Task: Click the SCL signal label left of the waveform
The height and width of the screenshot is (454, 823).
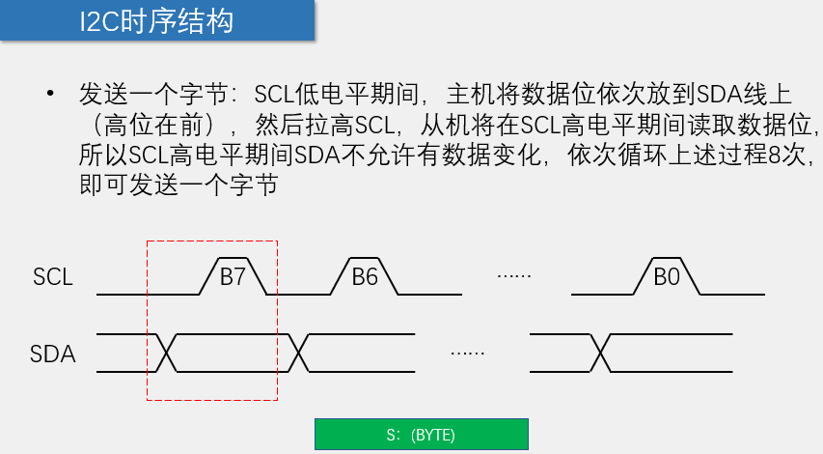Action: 52,278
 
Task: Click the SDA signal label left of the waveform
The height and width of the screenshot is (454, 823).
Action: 52,355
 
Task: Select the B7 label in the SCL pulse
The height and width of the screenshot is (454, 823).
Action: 233,277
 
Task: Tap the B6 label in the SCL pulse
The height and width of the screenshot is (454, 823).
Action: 365,277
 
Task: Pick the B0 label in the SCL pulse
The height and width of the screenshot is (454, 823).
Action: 667,277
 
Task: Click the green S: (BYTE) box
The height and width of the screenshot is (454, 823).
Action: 422,434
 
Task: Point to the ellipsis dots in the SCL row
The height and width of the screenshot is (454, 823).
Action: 514,276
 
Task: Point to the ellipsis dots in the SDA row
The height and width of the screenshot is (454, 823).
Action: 467,353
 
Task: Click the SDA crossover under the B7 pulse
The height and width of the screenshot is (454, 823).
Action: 165,353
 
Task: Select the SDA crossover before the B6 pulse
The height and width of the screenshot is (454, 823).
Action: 299,353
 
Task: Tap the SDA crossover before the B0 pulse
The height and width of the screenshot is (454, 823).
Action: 600,353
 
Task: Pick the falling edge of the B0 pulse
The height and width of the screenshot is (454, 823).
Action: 700,275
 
